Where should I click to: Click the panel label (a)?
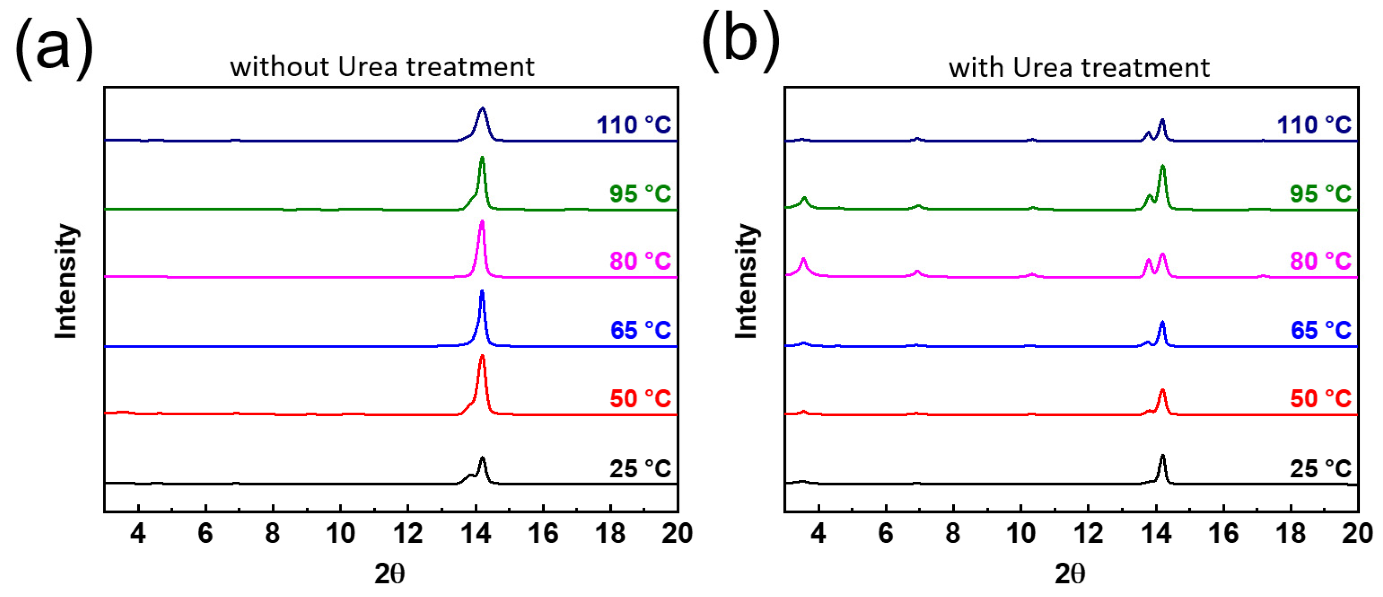click(54, 48)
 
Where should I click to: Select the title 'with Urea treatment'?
click(1079, 68)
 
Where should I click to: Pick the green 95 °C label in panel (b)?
click(1320, 194)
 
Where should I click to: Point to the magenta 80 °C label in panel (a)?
click(640, 261)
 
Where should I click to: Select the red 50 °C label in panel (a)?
click(640, 399)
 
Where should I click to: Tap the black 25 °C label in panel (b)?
click(1320, 469)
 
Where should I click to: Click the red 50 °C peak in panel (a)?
click(481, 357)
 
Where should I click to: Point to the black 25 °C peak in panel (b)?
click(1162, 457)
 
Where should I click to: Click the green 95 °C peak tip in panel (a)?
click(481, 158)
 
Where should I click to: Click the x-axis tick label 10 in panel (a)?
click(340, 534)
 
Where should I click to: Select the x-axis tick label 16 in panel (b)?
click(1223, 534)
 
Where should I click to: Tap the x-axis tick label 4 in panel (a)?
click(138, 534)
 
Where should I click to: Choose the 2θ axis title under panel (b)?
click(1070, 574)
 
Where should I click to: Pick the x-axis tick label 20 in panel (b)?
click(1357, 534)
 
